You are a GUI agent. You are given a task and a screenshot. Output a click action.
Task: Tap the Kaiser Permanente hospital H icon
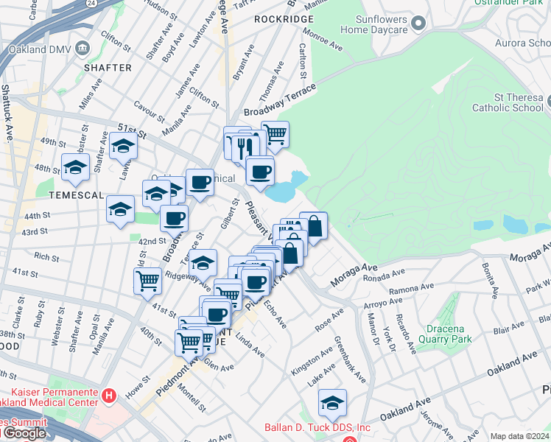109,396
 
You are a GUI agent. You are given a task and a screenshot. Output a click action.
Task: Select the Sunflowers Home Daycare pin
419,24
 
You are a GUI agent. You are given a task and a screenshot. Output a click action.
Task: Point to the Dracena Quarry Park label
459,334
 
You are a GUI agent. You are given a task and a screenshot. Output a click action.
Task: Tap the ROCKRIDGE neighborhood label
278,18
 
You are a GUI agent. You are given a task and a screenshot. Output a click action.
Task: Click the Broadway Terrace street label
280,101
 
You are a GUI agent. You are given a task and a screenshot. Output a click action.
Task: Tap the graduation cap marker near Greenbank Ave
332,401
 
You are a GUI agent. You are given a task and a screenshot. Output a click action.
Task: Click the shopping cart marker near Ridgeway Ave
147,280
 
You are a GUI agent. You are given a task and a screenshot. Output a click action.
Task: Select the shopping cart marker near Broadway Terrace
275,134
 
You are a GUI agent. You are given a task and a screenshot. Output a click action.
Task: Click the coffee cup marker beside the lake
259,172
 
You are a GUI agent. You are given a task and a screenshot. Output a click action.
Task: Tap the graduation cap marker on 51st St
123,147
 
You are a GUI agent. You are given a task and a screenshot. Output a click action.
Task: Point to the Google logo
24,433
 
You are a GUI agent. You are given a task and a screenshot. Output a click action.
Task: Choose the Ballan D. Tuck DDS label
317,427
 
